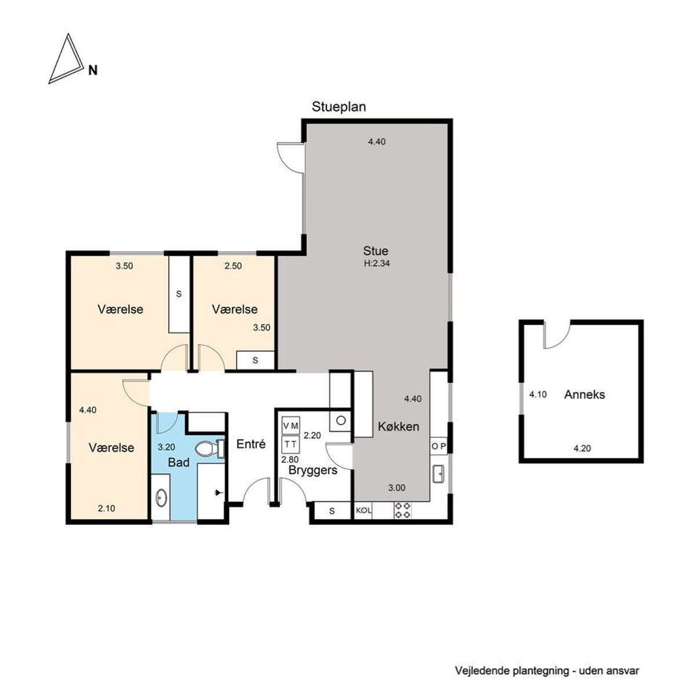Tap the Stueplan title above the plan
(x=338, y=107)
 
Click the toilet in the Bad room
(x=209, y=449)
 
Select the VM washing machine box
(x=291, y=426)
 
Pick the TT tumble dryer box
(x=291, y=444)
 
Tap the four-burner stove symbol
(x=402, y=510)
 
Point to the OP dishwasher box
(x=438, y=446)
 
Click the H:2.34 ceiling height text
(x=376, y=263)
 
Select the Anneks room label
(x=585, y=395)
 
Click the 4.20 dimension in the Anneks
(x=582, y=448)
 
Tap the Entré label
(x=251, y=444)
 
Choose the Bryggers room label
(x=313, y=470)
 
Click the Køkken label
(x=398, y=426)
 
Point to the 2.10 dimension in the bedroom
(x=106, y=508)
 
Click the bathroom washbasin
(x=161, y=498)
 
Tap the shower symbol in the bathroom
(x=217, y=492)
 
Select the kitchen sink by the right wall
(x=439, y=473)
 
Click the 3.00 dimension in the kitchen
(x=397, y=488)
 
